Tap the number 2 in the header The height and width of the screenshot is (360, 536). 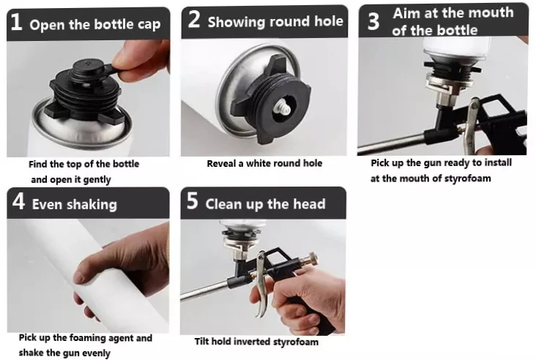click(x=194, y=19)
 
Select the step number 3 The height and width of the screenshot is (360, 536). click(x=373, y=21)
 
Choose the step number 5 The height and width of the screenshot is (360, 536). click(x=193, y=200)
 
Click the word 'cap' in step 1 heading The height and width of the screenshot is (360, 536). click(x=149, y=25)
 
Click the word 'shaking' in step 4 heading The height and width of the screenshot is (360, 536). click(x=92, y=205)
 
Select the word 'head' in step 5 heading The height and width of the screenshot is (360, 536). click(x=309, y=204)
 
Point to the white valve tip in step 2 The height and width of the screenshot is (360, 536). click(x=283, y=110)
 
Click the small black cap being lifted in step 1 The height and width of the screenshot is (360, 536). click(x=87, y=68)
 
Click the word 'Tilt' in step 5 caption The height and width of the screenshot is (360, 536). click(x=201, y=341)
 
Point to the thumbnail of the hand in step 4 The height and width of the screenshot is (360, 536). click(x=80, y=276)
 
